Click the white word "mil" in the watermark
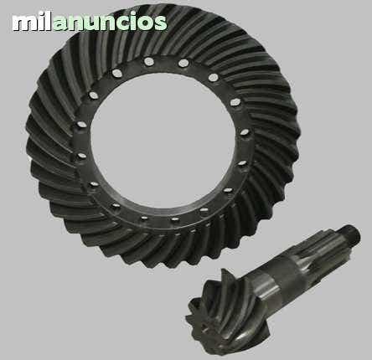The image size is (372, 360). (x=32, y=21)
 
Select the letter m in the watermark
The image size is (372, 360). (x=24, y=23)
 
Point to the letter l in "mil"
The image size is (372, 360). (x=48, y=21)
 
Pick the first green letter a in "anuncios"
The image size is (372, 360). (x=61, y=23)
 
